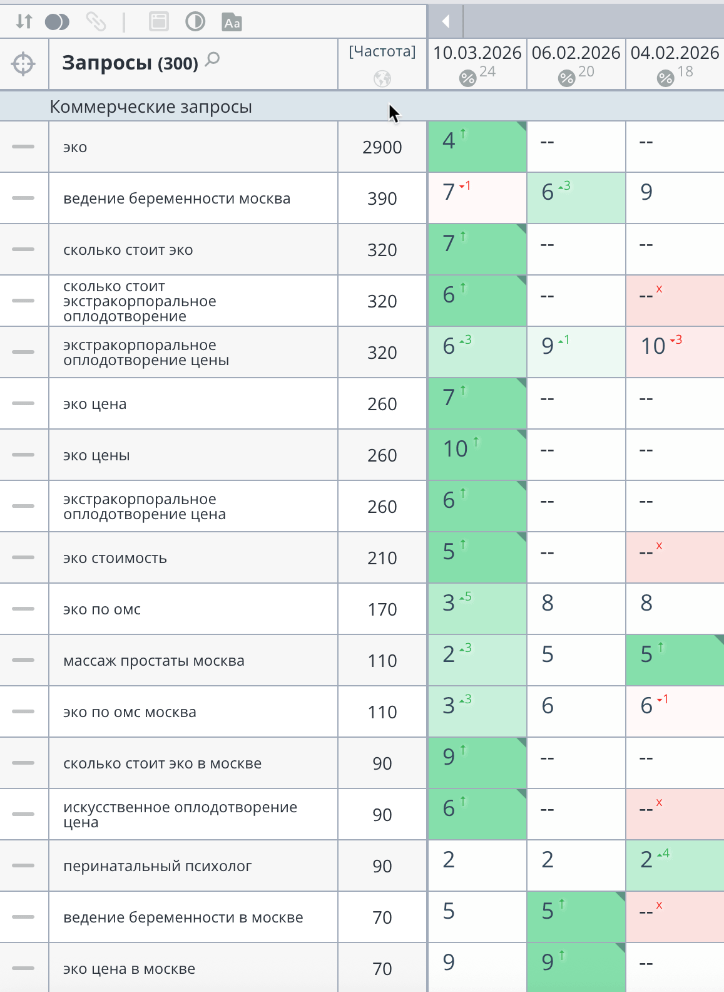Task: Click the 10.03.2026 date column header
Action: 477,53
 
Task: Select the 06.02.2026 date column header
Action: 576,53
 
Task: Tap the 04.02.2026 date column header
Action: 675,53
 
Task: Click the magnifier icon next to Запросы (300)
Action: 213,59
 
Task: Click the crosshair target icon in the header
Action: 23,64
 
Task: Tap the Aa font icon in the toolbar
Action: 232,23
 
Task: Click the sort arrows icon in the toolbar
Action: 24,22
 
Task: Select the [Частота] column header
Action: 382,51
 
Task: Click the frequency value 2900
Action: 382,148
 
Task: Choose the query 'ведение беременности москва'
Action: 176,199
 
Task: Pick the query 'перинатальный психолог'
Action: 157,867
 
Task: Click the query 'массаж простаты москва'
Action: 153,661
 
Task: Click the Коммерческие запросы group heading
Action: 151,107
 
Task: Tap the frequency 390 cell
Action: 382,199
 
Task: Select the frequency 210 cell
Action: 382,559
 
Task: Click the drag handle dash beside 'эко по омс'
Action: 23,609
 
